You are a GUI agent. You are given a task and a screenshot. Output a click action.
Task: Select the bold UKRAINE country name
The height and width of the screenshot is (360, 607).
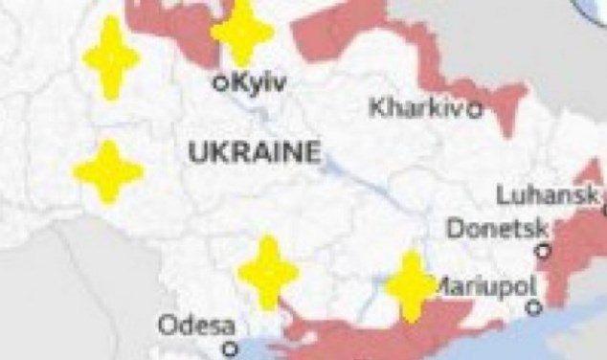(254, 151)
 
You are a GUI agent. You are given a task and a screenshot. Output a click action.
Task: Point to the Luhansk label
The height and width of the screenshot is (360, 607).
(549, 194)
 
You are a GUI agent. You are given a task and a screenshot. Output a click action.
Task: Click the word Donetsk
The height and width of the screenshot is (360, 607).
(498, 229)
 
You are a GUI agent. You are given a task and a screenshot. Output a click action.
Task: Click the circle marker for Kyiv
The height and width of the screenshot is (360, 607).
(220, 83)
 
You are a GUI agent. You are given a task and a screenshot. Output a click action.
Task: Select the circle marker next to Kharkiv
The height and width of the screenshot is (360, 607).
(475, 109)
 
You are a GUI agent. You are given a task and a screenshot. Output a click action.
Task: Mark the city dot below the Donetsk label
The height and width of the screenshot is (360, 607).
(544, 251)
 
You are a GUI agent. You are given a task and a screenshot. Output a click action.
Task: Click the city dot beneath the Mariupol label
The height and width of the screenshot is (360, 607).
(534, 308)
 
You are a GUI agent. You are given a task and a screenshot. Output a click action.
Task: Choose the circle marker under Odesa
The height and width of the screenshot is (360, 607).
(229, 349)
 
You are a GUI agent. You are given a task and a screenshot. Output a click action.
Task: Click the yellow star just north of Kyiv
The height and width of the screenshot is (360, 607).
(242, 34)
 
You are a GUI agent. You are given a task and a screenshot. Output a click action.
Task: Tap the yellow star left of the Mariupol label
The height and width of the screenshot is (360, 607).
(411, 285)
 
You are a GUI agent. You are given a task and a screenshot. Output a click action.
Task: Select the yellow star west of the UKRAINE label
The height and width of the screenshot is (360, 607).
(108, 171)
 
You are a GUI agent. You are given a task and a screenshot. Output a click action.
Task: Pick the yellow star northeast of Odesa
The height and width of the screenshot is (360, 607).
(268, 272)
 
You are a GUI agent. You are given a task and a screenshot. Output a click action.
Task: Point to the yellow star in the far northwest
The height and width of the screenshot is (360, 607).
(111, 57)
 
